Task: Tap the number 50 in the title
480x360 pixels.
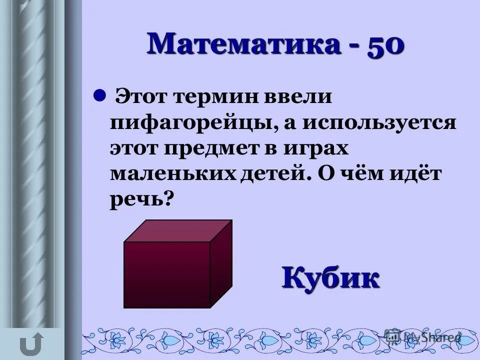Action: [385, 45]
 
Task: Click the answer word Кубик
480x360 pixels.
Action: [330, 277]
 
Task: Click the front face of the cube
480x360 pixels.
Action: [166, 274]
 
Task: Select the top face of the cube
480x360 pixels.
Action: [178, 230]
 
